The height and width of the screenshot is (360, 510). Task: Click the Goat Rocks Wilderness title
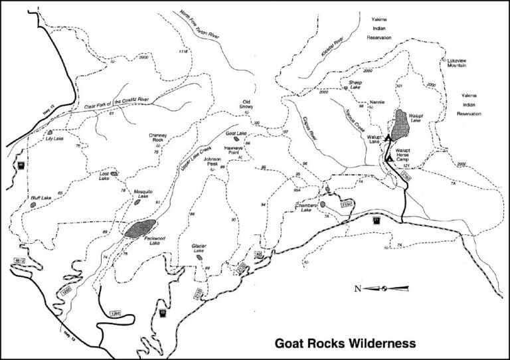pyautogui.click(x=345, y=343)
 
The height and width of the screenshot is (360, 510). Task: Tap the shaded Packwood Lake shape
pyautogui.click(x=140, y=228)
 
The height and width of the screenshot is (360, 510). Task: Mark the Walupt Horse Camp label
pyautogui.click(x=406, y=155)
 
